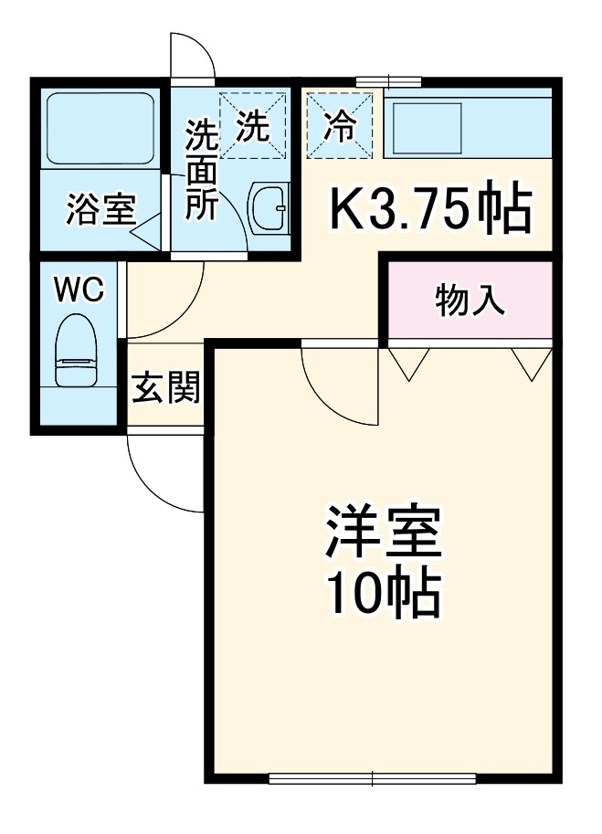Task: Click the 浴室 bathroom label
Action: point(100,210)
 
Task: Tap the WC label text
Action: point(79,290)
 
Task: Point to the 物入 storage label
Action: point(470,301)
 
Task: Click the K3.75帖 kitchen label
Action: point(429,210)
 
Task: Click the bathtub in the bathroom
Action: point(99,127)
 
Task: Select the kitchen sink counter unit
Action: point(469,128)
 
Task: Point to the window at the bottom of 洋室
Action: point(373,778)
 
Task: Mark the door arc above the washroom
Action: point(193,57)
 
